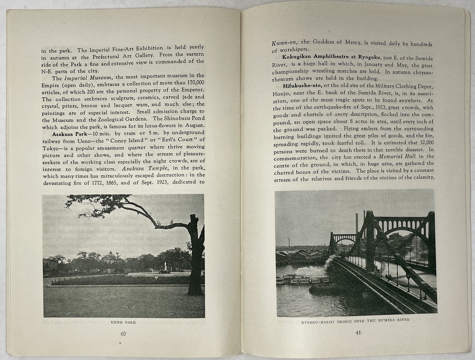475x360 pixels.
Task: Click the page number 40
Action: click(123, 333)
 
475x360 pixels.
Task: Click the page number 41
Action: click(358, 332)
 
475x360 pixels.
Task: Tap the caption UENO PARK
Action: click(123, 322)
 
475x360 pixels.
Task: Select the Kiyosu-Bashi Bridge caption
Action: click(355, 320)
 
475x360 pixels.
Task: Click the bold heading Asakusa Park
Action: click(72, 133)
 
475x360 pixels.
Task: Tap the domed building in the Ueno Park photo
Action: click(110, 257)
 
